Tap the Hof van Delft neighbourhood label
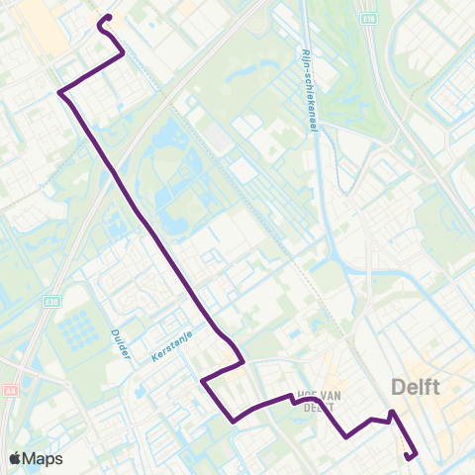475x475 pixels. [x=319, y=399]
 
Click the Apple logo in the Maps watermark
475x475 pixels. [x=16, y=459]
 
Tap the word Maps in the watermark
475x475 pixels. [x=44, y=459]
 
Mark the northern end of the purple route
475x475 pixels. [x=107, y=17]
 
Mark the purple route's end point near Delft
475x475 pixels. [x=410, y=456]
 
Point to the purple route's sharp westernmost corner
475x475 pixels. [x=59, y=93]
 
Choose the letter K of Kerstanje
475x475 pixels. [x=155, y=360]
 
